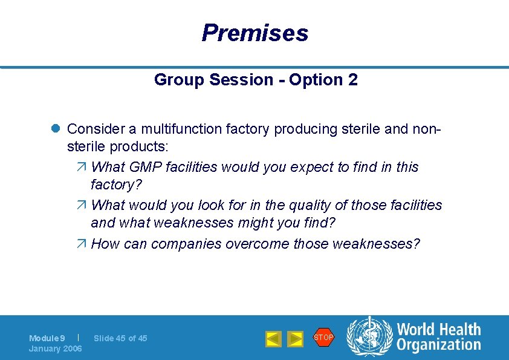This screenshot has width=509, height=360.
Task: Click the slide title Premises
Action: (x=254, y=33)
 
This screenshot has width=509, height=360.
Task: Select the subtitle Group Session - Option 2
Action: (x=256, y=80)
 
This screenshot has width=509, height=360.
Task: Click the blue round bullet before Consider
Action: (x=54, y=129)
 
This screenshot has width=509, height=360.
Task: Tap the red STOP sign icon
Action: (x=323, y=337)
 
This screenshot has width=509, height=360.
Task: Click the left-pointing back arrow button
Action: (x=273, y=339)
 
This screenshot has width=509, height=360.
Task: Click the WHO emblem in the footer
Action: (x=369, y=337)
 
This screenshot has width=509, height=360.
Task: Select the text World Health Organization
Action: (x=438, y=337)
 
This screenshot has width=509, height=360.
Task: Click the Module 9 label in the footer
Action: (x=47, y=338)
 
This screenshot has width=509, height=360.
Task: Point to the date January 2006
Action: (x=55, y=349)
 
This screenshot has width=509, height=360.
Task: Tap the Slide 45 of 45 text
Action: (x=120, y=338)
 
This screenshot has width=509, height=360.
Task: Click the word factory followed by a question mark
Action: (x=113, y=184)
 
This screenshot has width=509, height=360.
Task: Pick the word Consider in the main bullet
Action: (x=92, y=129)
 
